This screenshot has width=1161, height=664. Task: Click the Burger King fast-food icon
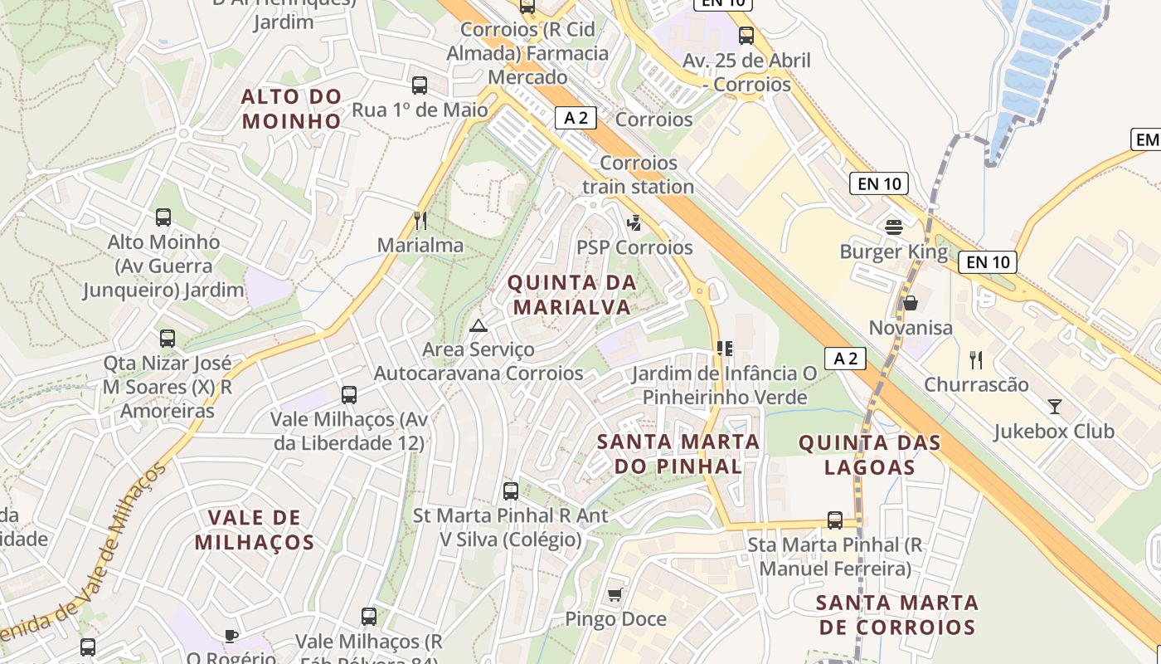[894, 226]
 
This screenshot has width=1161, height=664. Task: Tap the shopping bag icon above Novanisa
[911, 303]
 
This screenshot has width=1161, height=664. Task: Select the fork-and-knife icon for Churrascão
[976, 359]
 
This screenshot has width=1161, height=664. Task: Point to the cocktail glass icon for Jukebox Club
[1054, 406]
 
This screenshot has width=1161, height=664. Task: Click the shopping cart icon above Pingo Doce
[615, 593]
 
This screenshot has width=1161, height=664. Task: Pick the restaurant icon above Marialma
[420, 220]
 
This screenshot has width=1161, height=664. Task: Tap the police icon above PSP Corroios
[634, 222]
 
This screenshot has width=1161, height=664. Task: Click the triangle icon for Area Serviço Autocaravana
[478, 325]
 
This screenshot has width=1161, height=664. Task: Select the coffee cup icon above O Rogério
[231, 636]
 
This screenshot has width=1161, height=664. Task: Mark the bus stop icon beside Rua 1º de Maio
[420, 85]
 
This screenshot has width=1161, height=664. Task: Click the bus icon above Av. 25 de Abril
[746, 35]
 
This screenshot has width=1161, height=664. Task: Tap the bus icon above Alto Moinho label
[163, 217]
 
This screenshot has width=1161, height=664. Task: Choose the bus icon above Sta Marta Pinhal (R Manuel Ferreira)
[835, 520]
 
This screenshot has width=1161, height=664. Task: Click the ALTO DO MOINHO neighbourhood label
[291, 109]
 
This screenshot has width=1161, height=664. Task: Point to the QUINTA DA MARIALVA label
[572, 295]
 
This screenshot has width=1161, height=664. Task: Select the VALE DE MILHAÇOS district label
[255, 530]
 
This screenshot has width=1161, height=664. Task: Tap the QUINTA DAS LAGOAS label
[870, 455]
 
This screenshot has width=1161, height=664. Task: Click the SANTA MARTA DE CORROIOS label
[897, 614]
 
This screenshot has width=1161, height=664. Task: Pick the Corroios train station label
[638, 175]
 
